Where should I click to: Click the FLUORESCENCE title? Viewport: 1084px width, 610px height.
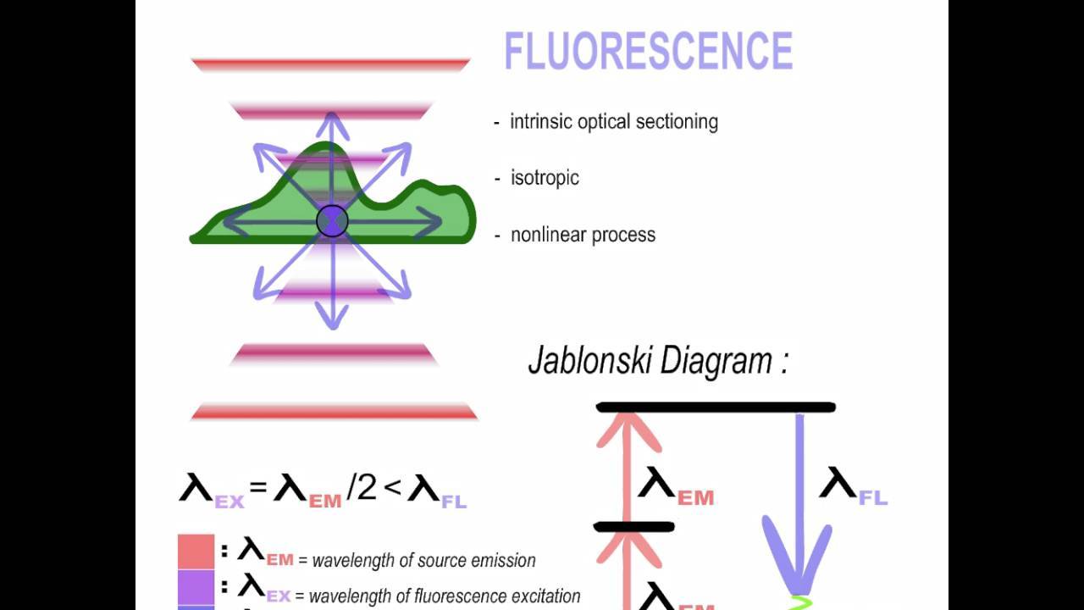(x=648, y=51)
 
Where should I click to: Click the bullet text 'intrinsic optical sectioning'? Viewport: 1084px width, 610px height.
(x=613, y=121)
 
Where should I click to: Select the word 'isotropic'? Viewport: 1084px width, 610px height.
(x=545, y=178)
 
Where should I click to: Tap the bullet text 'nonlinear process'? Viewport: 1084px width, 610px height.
(x=583, y=235)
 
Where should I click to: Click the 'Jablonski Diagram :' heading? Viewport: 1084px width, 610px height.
(x=658, y=360)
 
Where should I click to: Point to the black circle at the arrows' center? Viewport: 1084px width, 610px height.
(x=332, y=221)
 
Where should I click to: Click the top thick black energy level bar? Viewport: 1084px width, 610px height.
(x=716, y=408)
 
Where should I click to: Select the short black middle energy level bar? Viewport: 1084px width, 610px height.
(x=634, y=527)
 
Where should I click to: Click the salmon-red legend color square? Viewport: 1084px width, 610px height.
(x=196, y=552)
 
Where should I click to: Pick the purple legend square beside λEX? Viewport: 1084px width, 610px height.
(x=196, y=587)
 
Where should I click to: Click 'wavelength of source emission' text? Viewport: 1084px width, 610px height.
(x=423, y=560)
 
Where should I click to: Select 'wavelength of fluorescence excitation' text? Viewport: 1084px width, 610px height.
(x=445, y=596)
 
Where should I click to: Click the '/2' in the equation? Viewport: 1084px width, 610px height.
(x=362, y=488)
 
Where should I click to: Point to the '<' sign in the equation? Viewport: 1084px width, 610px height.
(x=392, y=488)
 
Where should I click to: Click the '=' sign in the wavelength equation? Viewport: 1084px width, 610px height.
(x=258, y=488)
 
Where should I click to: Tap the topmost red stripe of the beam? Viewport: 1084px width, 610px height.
(x=330, y=64)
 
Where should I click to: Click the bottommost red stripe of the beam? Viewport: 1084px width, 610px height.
(x=335, y=413)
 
